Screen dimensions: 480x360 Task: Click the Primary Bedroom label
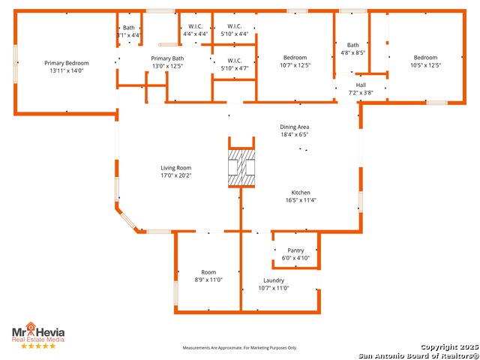click(x=67, y=63)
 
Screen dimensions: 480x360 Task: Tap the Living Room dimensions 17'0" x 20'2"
click(x=176, y=175)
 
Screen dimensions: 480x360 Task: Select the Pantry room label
click(x=295, y=250)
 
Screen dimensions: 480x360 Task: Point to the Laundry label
click(x=274, y=280)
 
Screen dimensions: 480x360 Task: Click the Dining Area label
click(x=295, y=127)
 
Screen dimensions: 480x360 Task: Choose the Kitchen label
click(x=301, y=193)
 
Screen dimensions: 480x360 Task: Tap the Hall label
click(x=361, y=85)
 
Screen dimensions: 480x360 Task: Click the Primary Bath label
click(x=167, y=58)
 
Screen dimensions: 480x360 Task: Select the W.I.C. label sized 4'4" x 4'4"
click(x=195, y=26)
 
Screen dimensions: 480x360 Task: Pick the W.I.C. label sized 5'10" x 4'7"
click(x=235, y=61)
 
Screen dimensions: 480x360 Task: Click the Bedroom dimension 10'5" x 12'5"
click(x=425, y=65)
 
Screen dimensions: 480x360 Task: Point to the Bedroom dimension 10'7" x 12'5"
click(x=295, y=65)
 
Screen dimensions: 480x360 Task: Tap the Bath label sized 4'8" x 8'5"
click(x=353, y=45)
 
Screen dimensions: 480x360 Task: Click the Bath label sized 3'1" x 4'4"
click(x=128, y=28)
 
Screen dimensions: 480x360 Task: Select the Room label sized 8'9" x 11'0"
click(x=208, y=272)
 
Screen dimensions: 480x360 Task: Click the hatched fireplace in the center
click(x=241, y=168)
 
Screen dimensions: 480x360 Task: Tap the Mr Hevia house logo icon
click(x=31, y=326)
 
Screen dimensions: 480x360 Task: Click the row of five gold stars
click(x=38, y=346)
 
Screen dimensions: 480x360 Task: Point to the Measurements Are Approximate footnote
click(x=240, y=348)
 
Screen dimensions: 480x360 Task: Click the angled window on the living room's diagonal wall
click(x=128, y=220)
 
